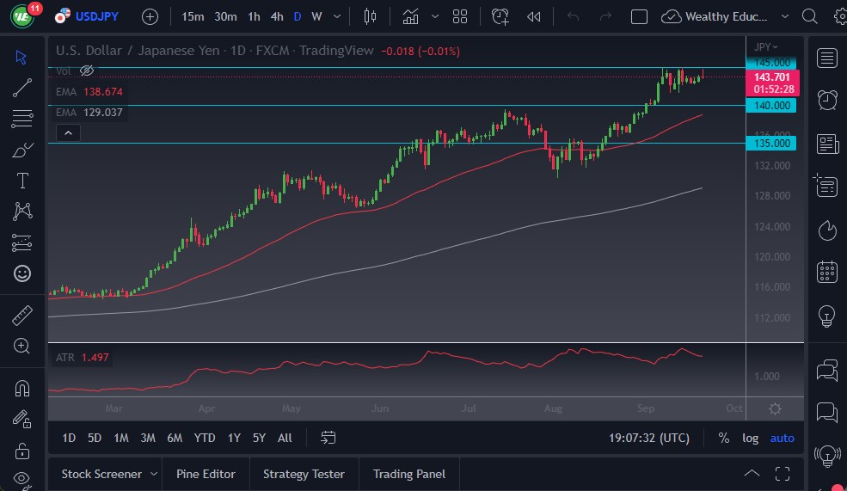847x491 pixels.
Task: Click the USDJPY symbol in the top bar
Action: (x=97, y=16)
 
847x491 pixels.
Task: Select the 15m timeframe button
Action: (x=193, y=16)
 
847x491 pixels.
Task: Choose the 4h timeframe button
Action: (x=276, y=16)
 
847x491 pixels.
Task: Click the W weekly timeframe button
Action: (x=316, y=16)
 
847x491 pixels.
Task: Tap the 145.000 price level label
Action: (x=772, y=63)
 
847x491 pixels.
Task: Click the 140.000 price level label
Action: (x=772, y=105)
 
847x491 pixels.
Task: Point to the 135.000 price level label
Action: (x=772, y=143)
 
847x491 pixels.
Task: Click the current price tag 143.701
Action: (x=772, y=77)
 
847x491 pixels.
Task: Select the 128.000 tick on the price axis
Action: (x=772, y=196)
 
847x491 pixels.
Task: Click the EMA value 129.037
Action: (x=102, y=113)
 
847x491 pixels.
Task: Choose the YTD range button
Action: (x=205, y=439)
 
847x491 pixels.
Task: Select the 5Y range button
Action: (x=259, y=439)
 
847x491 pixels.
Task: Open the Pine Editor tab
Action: (x=206, y=474)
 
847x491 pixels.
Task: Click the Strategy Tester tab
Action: (x=304, y=474)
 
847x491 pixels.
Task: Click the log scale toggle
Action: (x=751, y=439)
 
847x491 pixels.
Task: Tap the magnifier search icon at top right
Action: (x=809, y=16)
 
